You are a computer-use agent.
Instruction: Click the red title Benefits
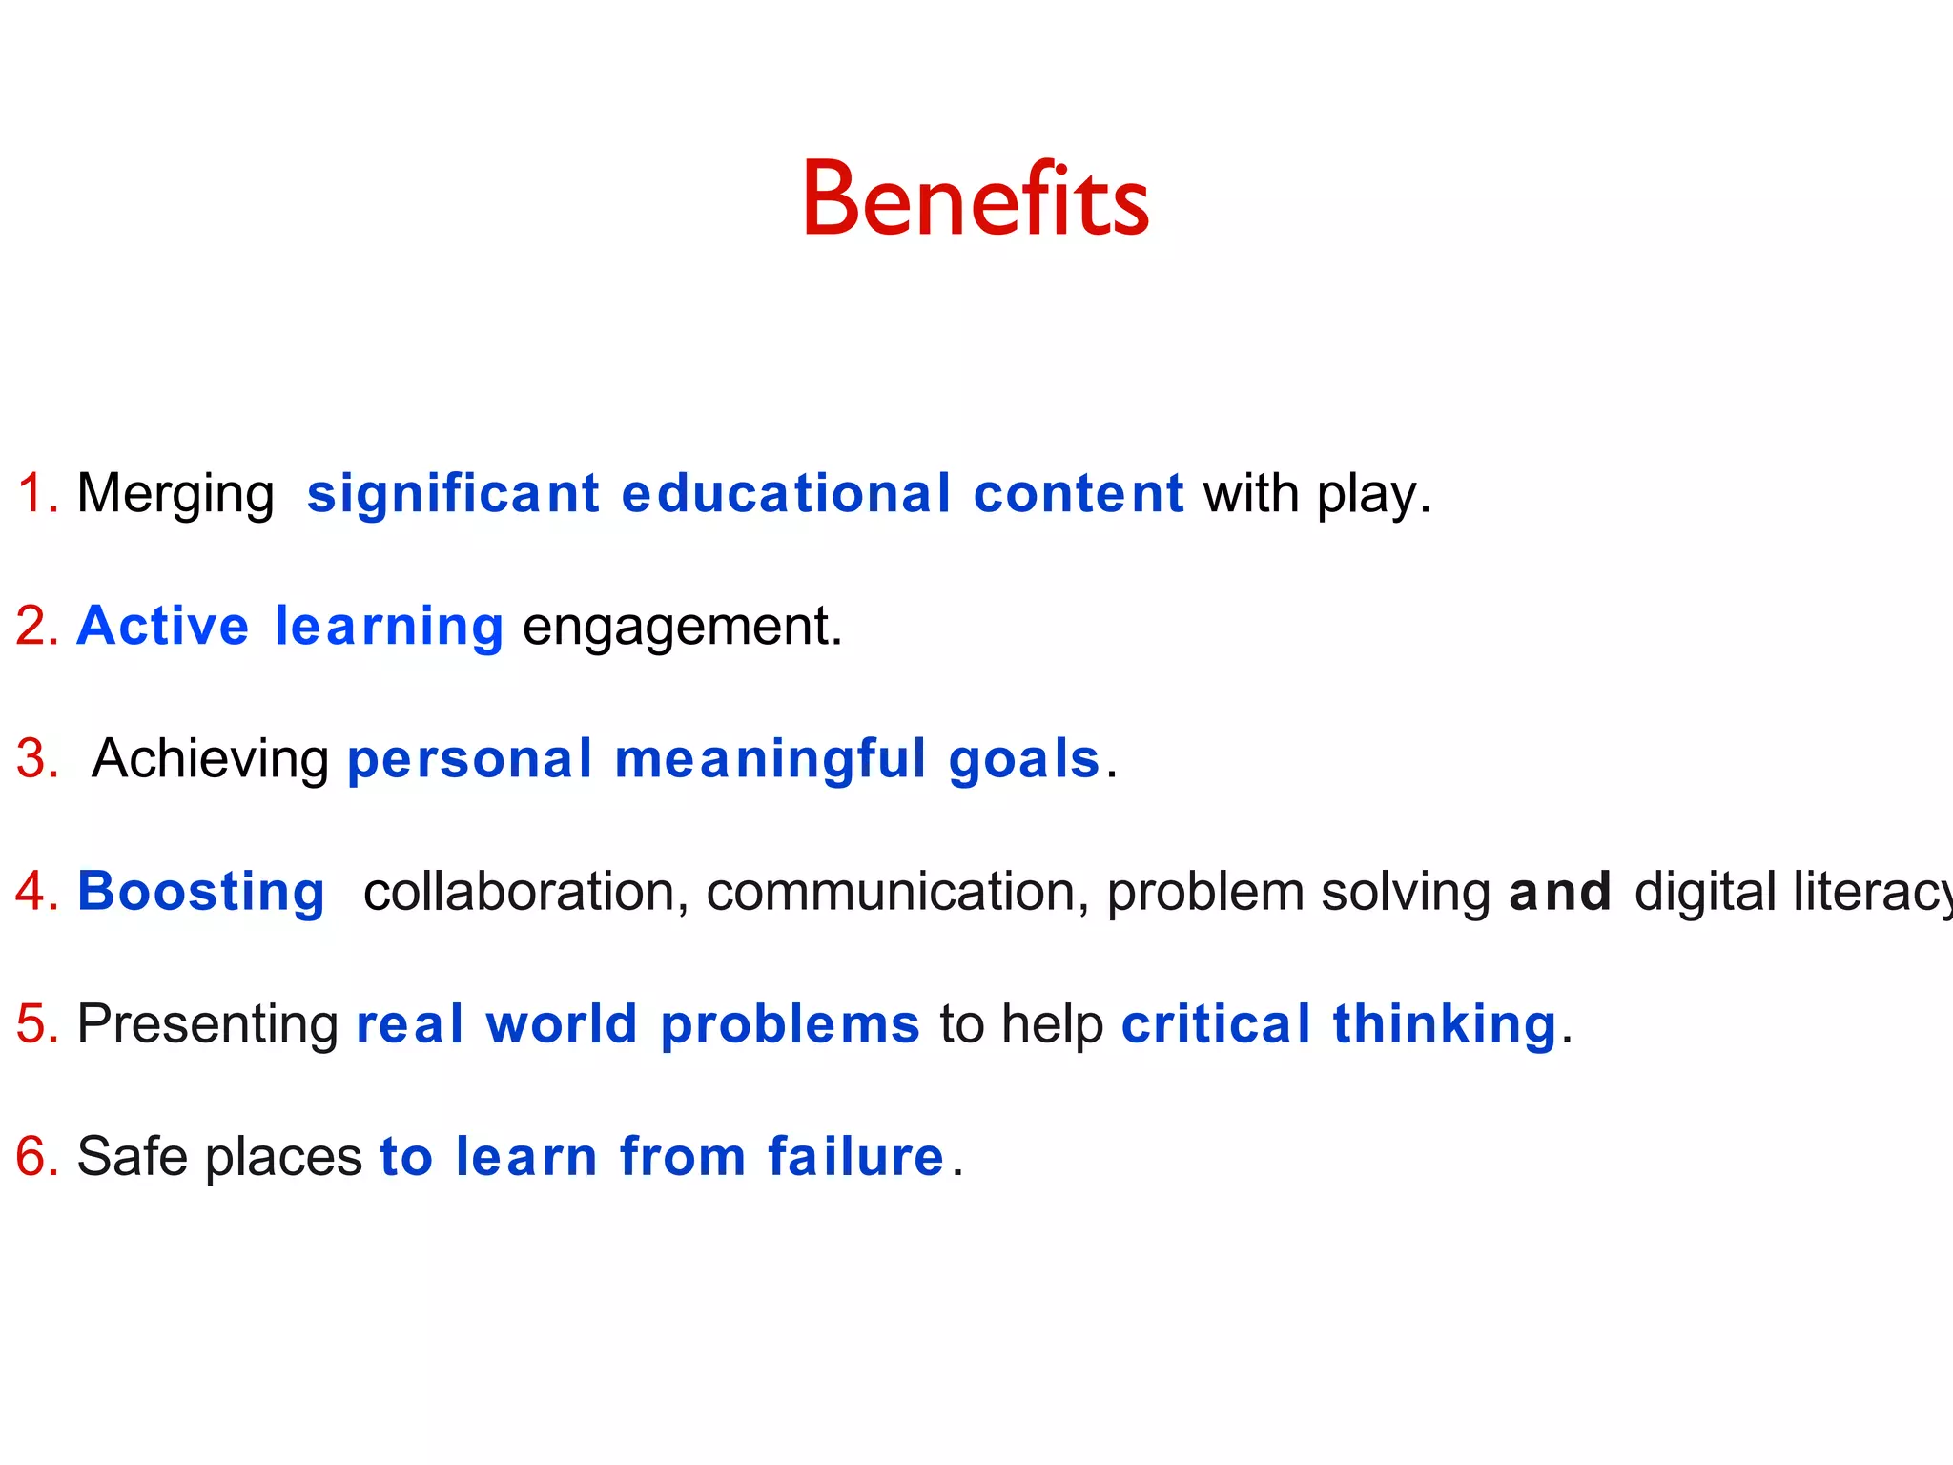click(x=976, y=200)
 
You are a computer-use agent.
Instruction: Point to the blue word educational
click(x=786, y=494)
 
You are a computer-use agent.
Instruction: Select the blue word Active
click(x=163, y=627)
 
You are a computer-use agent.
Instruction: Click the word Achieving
click(x=211, y=760)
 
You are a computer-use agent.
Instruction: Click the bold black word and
click(x=1560, y=893)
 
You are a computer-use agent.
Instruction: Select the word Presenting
click(x=207, y=1025)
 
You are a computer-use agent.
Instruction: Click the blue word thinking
click(x=1444, y=1025)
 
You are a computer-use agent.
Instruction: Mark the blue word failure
click(x=855, y=1157)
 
